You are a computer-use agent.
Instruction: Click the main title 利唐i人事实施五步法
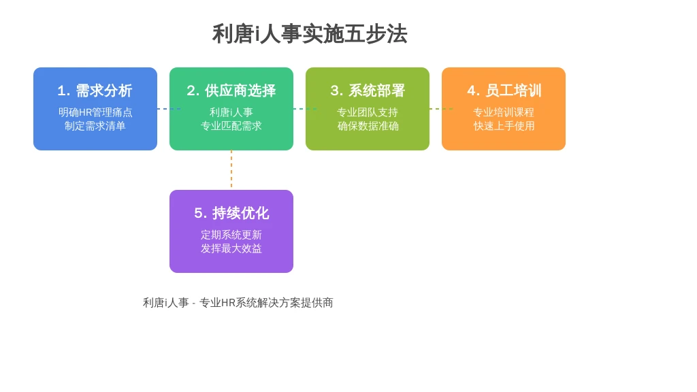(x=310, y=34)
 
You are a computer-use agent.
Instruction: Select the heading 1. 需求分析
(x=95, y=91)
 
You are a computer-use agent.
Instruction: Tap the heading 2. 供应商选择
(x=231, y=91)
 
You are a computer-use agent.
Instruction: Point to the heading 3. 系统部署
(x=368, y=91)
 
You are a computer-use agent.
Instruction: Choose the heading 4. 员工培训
(x=504, y=91)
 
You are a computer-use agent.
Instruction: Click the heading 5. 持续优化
(x=231, y=213)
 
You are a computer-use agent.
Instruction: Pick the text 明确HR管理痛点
(x=95, y=112)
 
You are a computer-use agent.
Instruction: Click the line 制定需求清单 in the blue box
(x=95, y=126)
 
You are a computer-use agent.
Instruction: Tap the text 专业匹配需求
(x=231, y=126)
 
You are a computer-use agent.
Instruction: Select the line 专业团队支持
(x=368, y=112)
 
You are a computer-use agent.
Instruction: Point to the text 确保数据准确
(x=368, y=126)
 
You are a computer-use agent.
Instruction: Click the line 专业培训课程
(x=504, y=112)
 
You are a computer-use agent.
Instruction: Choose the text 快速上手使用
(x=504, y=126)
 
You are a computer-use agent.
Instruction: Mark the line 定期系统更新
(x=231, y=235)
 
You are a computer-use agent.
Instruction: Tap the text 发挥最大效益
(x=231, y=248)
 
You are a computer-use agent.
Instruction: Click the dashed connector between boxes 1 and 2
(x=169, y=109)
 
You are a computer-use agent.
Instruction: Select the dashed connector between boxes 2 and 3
(x=305, y=109)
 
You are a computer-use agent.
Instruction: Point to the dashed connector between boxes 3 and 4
(x=441, y=109)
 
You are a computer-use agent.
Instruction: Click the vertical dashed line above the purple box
(x=231, y=170)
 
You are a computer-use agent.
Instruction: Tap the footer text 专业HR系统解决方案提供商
(x=266, y=303)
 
